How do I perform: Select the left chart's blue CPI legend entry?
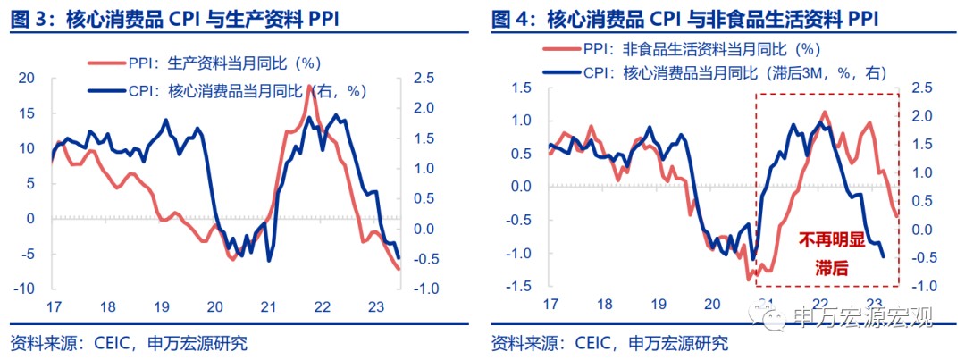point(228,90)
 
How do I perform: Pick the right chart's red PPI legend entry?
point(689,51)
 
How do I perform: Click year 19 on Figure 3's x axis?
point(161,306)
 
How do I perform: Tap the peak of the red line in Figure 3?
point(309,86)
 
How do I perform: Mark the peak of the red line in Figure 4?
point(824,112)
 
